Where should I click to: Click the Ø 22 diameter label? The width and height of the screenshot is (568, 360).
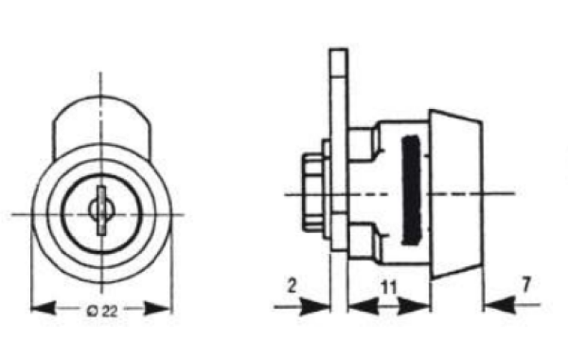102,311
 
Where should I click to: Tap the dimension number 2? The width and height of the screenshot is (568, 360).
292,286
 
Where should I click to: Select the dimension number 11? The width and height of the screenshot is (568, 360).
389,287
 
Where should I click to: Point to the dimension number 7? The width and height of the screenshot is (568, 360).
526,284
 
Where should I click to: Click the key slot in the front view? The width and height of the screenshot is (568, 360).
101,210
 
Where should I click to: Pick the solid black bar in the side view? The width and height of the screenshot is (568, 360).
411,189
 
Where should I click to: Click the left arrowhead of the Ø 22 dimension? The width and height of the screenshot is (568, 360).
43,309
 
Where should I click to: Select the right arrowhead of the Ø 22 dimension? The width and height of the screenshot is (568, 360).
157,309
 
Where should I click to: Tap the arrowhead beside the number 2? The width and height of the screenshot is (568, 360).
315,307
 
